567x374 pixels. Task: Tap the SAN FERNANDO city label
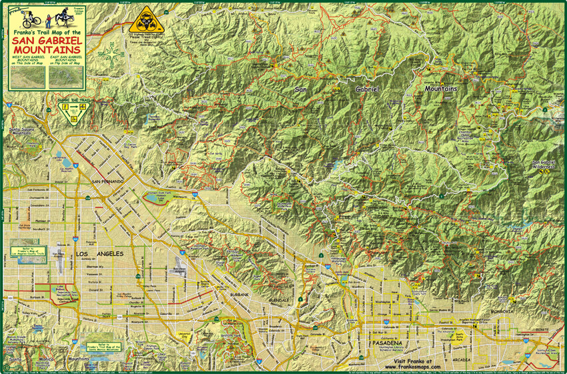tap(108, 182)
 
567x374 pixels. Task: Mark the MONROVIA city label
tap(500, 311)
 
